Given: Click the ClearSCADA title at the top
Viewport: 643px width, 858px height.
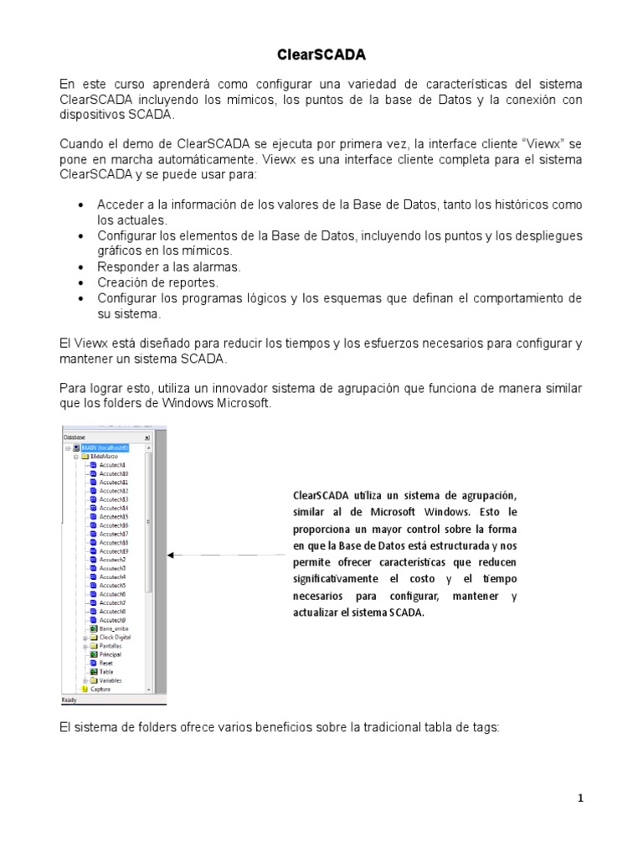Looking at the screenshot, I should [321, 55].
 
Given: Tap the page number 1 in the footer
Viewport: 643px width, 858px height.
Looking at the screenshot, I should [580, 799].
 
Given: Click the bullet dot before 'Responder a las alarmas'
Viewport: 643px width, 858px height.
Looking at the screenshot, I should [80, 267].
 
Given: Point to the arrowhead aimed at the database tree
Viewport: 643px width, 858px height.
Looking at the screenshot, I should [171, 555].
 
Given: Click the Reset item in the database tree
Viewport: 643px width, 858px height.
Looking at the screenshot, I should [105, 663].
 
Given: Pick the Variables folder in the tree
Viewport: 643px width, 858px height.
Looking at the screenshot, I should [110, 680].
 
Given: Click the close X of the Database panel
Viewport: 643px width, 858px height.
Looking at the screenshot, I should [147, 437].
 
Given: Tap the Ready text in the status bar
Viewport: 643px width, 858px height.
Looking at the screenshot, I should [69, 699].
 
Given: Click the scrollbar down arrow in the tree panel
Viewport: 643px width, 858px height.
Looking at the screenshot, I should [149, 689].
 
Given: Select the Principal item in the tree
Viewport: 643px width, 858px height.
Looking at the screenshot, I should [110, 654].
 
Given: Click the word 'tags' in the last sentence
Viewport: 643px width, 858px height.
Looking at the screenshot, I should [483, 728].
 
